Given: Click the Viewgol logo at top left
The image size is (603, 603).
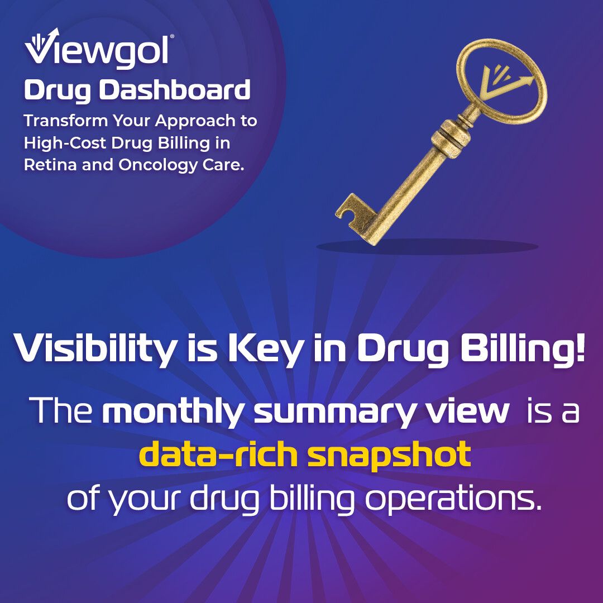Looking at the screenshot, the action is (x=99, y=49).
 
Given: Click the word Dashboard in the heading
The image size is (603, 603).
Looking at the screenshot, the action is (x=175, y=90).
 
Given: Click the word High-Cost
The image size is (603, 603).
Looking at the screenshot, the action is (x=65, y=143).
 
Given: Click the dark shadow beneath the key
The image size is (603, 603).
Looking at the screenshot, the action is (x=427, y=247).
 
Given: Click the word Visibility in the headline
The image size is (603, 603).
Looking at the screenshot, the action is (x=94, y=348).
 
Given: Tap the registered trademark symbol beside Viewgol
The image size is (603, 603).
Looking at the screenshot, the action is (x=171, y=36).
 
